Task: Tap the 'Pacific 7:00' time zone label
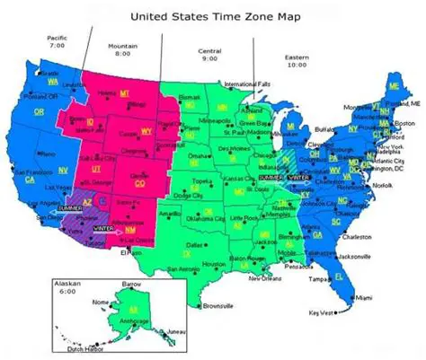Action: [x=58, y=41]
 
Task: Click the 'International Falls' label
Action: [x=252, y=84]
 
